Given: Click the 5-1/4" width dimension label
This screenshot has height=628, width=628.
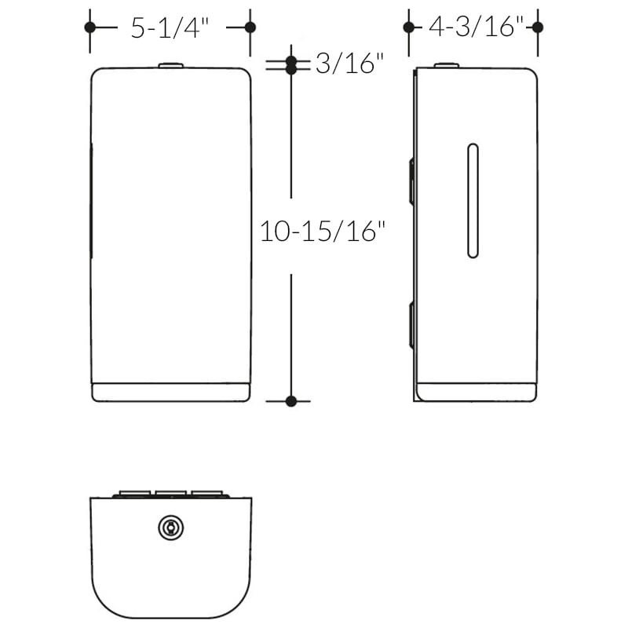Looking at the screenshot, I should (x=170, y=28).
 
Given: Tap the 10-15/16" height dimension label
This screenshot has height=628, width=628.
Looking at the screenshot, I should (x=324, y=232).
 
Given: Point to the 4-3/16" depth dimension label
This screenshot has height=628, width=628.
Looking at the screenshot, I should (x=475, y=28).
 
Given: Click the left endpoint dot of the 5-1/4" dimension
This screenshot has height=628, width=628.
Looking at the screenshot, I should (x=89, y=27).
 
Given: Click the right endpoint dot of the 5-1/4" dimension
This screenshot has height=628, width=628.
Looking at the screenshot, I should (x=250, y=27).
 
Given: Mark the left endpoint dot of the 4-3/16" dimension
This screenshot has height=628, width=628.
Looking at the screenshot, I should (x=408, y=27).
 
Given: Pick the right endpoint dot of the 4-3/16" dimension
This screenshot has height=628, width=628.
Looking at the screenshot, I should (x=538, y=27).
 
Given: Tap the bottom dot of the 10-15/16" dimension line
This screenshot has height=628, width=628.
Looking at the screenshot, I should (x=291, y=401).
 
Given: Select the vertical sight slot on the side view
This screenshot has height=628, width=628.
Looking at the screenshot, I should (x=472, y=201).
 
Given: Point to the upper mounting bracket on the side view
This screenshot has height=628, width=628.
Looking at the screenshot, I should (x=411, y=181).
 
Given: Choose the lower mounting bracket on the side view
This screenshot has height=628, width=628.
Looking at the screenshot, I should (x=411, y=325).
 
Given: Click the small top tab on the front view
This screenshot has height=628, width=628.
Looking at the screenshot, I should (x=170, y=66).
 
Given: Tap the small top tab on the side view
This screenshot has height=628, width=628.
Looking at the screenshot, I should (x=446, y=66).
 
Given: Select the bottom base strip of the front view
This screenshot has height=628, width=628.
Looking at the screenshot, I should (x=170, y=392).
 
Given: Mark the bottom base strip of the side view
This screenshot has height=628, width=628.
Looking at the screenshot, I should (x=476, y=392).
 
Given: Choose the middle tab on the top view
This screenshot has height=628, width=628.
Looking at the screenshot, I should (x=170, y=495).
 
